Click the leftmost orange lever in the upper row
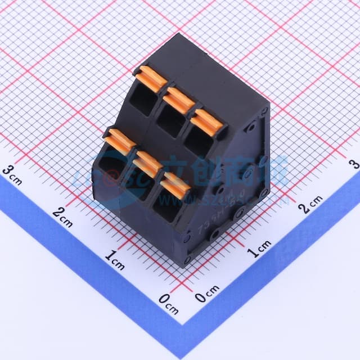pos(150,79)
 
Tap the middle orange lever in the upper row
pos(179,99)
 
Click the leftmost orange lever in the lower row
pos(120,141)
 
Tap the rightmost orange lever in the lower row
pos(175,186)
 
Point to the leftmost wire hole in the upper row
pos(143,101)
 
